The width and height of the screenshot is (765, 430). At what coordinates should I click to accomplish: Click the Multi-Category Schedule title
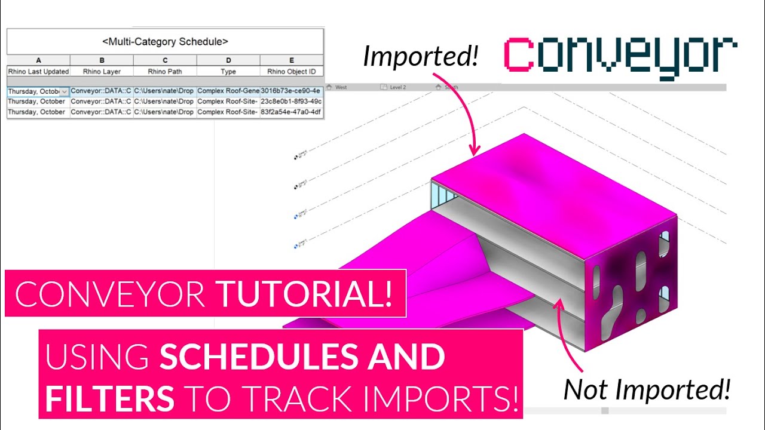tap(165, 42)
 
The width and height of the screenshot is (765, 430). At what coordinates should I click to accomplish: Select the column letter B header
tap(102, 60)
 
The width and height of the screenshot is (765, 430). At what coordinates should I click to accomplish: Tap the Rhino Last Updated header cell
tap(38, 72)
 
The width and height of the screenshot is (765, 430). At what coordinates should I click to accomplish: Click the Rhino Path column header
tap(165, 72)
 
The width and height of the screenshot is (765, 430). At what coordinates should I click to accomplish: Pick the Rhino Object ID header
tap(292, 72)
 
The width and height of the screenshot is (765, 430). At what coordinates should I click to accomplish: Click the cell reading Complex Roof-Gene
tap(228, 91)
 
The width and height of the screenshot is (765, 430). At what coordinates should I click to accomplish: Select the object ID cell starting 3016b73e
tap(291, 91)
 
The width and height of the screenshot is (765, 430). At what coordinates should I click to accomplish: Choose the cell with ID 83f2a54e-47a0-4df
tap(291, 112)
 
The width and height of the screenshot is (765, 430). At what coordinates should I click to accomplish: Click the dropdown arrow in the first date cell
tap(65, 92)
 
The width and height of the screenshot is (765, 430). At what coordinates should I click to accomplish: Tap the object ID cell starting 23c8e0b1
tap(291, 102)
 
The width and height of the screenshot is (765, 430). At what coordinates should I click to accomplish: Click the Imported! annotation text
tap(421, 56)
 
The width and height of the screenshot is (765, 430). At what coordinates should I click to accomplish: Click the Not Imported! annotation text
tap(647, 389)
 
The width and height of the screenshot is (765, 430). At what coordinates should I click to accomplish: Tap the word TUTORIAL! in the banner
tap(305, 293)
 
